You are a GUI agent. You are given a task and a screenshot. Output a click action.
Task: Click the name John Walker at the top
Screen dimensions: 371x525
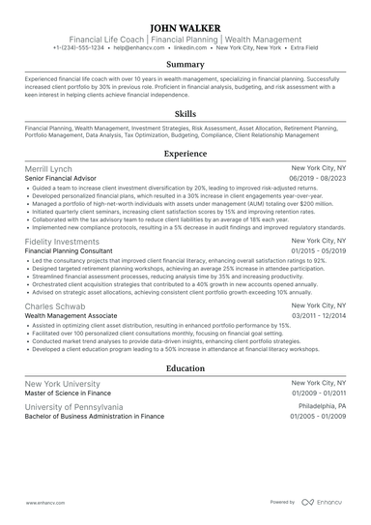[185, 27]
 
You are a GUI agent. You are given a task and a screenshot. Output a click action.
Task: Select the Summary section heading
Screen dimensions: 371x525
[185, 65]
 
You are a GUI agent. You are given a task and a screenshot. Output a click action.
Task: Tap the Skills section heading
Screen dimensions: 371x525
[185, 113]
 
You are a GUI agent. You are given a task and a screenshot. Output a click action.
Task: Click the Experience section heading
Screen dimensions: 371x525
[185, 153]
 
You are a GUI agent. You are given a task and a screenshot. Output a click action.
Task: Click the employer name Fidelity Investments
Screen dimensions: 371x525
[64, 241]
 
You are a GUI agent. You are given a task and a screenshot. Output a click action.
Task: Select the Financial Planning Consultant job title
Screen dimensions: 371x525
[67, 251]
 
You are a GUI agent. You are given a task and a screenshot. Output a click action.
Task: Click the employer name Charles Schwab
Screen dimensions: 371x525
[55, 306]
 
